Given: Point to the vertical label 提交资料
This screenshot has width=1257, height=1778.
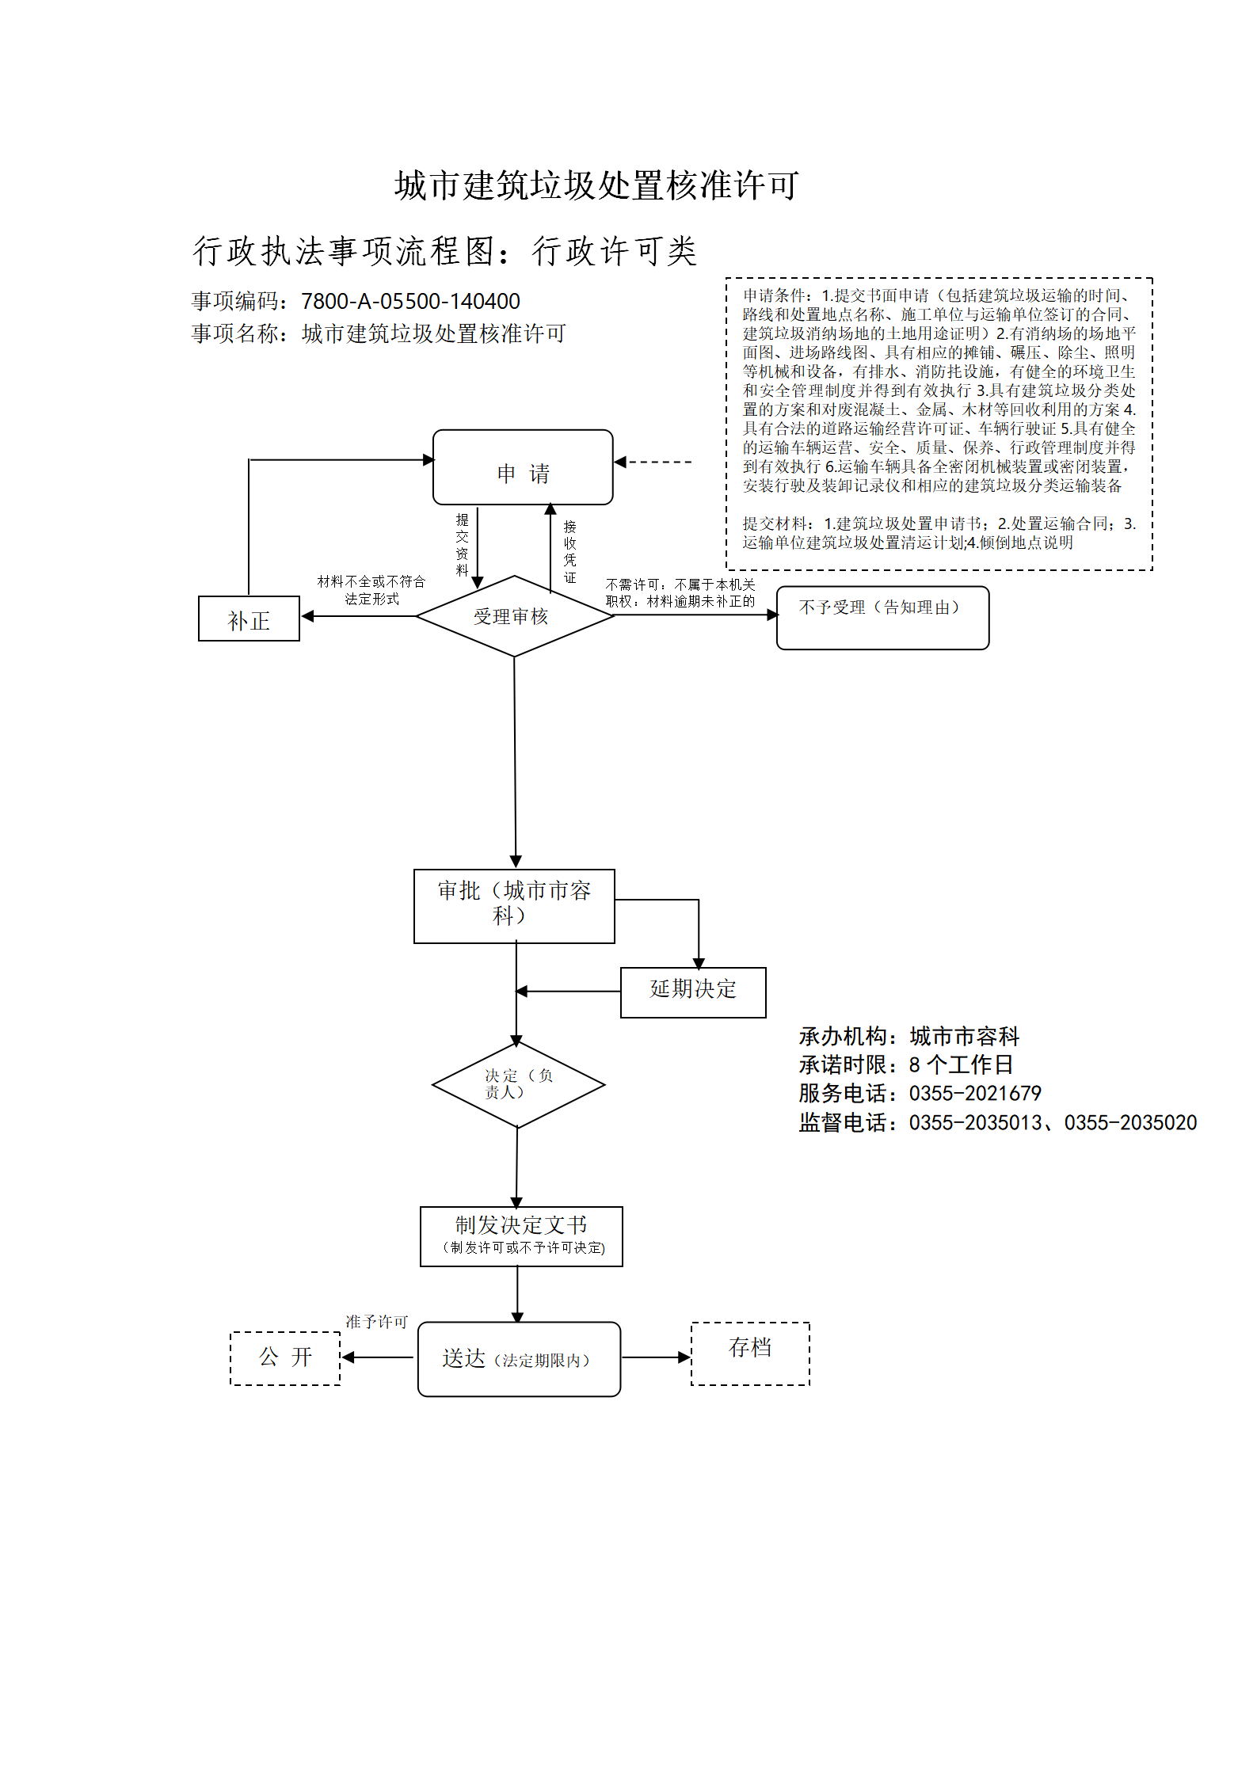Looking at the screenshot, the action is pos(463,544).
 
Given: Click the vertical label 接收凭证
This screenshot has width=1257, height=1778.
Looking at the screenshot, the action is pos(569,551).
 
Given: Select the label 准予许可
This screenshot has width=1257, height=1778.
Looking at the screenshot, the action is pos(376,1322).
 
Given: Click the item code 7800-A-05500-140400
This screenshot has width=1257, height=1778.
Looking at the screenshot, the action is pos(410,302).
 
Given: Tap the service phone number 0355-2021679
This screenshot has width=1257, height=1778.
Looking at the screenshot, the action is pos(975,1094).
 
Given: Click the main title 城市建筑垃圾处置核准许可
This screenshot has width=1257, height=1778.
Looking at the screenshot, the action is pos(597,185).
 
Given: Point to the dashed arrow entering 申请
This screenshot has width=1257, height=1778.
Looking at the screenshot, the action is pos(653,462).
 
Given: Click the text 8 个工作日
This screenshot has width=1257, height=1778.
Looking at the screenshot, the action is pos(961,1065).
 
